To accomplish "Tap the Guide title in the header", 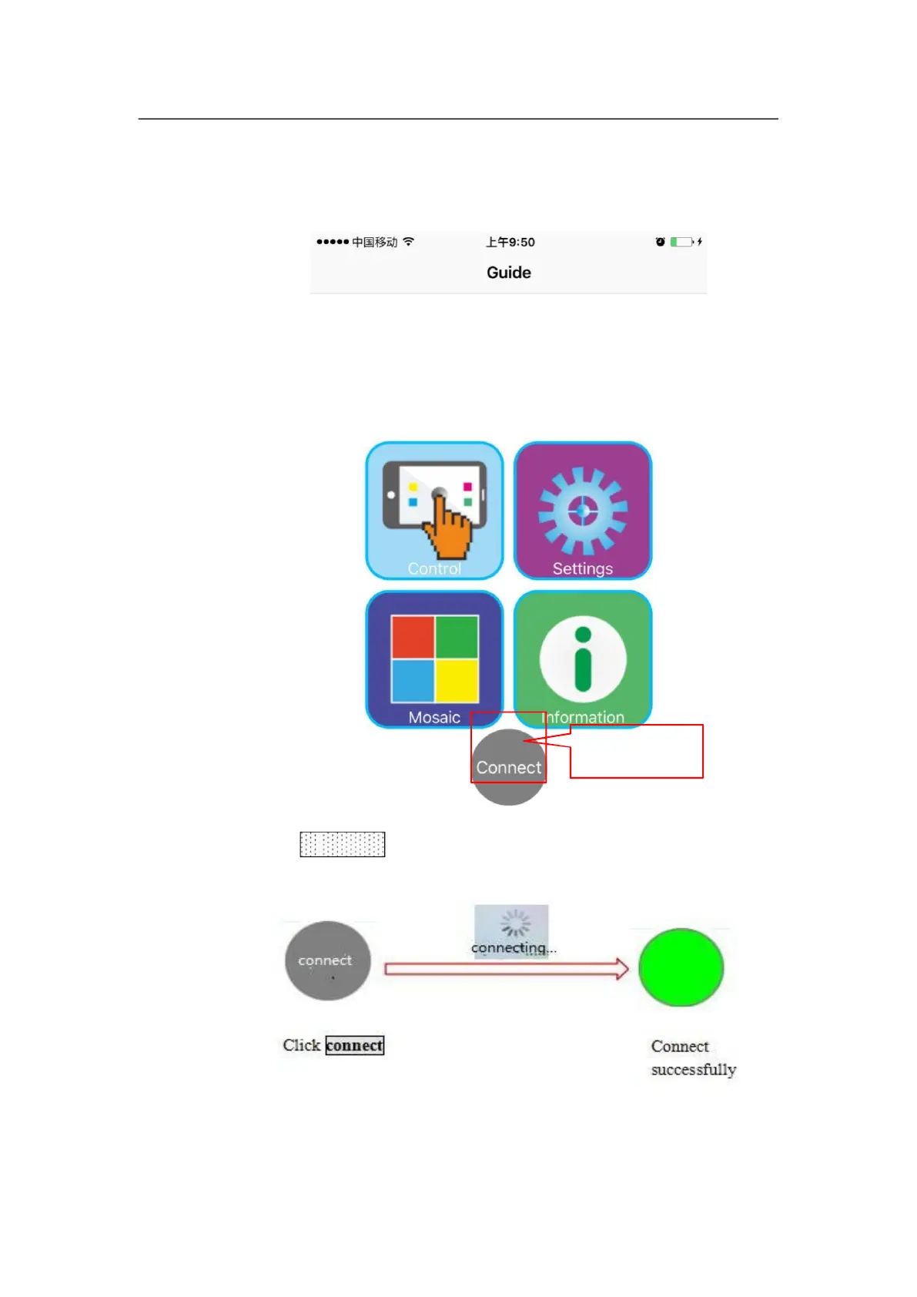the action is [508, 273].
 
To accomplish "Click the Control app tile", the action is [434, 510].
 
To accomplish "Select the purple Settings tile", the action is [583, 510].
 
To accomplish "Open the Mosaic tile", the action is [434, 659].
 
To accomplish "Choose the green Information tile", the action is [583, 659].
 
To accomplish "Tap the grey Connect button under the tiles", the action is [508, 767].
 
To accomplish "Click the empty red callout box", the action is [637, 752].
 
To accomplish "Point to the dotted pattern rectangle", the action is [342, 844].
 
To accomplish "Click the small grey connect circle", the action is [327, 960].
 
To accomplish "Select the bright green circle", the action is [681, 967].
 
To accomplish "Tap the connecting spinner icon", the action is [515, 923].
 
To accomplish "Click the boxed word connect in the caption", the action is [354, 1045].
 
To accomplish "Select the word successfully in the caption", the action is [693, 1070].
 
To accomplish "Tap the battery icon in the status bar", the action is [681, 242].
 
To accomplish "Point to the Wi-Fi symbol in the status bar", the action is [408, 241].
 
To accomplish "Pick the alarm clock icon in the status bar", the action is [660, 242].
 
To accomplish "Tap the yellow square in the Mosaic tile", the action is [457, 681].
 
